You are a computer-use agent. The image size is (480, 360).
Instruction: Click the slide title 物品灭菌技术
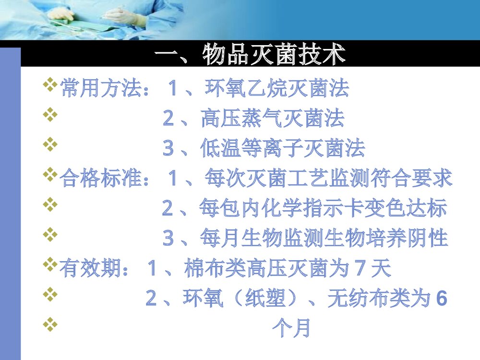250,55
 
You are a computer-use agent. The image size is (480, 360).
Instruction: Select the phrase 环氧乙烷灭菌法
277,89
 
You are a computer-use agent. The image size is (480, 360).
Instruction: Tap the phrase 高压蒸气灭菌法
272,119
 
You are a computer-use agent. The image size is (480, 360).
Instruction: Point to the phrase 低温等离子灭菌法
282,149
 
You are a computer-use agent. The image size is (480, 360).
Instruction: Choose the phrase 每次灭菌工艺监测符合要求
328,179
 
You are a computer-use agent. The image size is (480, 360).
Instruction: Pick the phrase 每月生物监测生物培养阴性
324,239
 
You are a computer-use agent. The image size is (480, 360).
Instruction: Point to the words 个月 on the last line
291,329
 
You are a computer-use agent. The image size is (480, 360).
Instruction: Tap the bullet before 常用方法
49,86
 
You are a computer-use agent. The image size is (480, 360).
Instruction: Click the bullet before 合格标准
49,176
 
